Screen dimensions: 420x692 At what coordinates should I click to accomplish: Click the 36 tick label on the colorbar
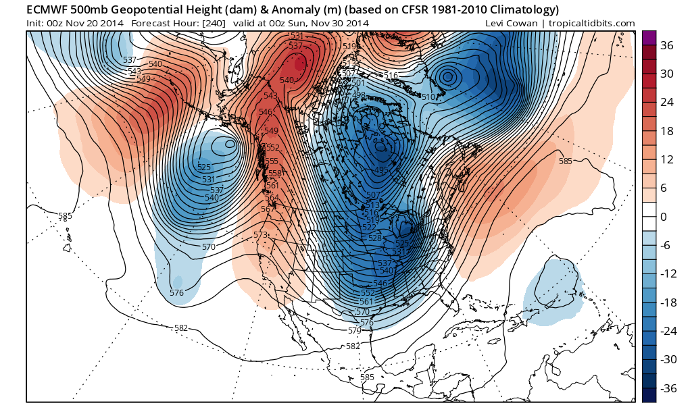667,45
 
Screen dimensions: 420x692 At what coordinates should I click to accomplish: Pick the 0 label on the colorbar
663,217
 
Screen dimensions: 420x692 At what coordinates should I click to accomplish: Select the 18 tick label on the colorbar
667,131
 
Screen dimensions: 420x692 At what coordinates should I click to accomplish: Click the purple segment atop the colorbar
649,38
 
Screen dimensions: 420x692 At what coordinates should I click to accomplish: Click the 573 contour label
260,234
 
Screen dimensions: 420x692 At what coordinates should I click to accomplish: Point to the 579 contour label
355,330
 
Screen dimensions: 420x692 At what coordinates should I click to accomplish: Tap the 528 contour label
376,238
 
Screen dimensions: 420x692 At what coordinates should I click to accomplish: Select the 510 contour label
428,97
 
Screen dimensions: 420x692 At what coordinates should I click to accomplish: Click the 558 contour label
275,174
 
